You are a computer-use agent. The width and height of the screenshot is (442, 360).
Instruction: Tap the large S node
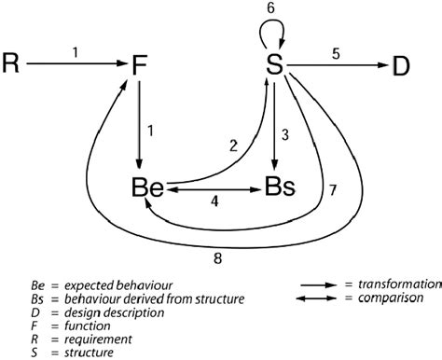(273, 64)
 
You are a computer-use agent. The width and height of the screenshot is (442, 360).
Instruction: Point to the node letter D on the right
(401, 64)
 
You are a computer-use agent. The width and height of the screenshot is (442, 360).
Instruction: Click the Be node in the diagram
(147, 187)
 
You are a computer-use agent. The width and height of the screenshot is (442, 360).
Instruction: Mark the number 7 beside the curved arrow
(334, 191)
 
